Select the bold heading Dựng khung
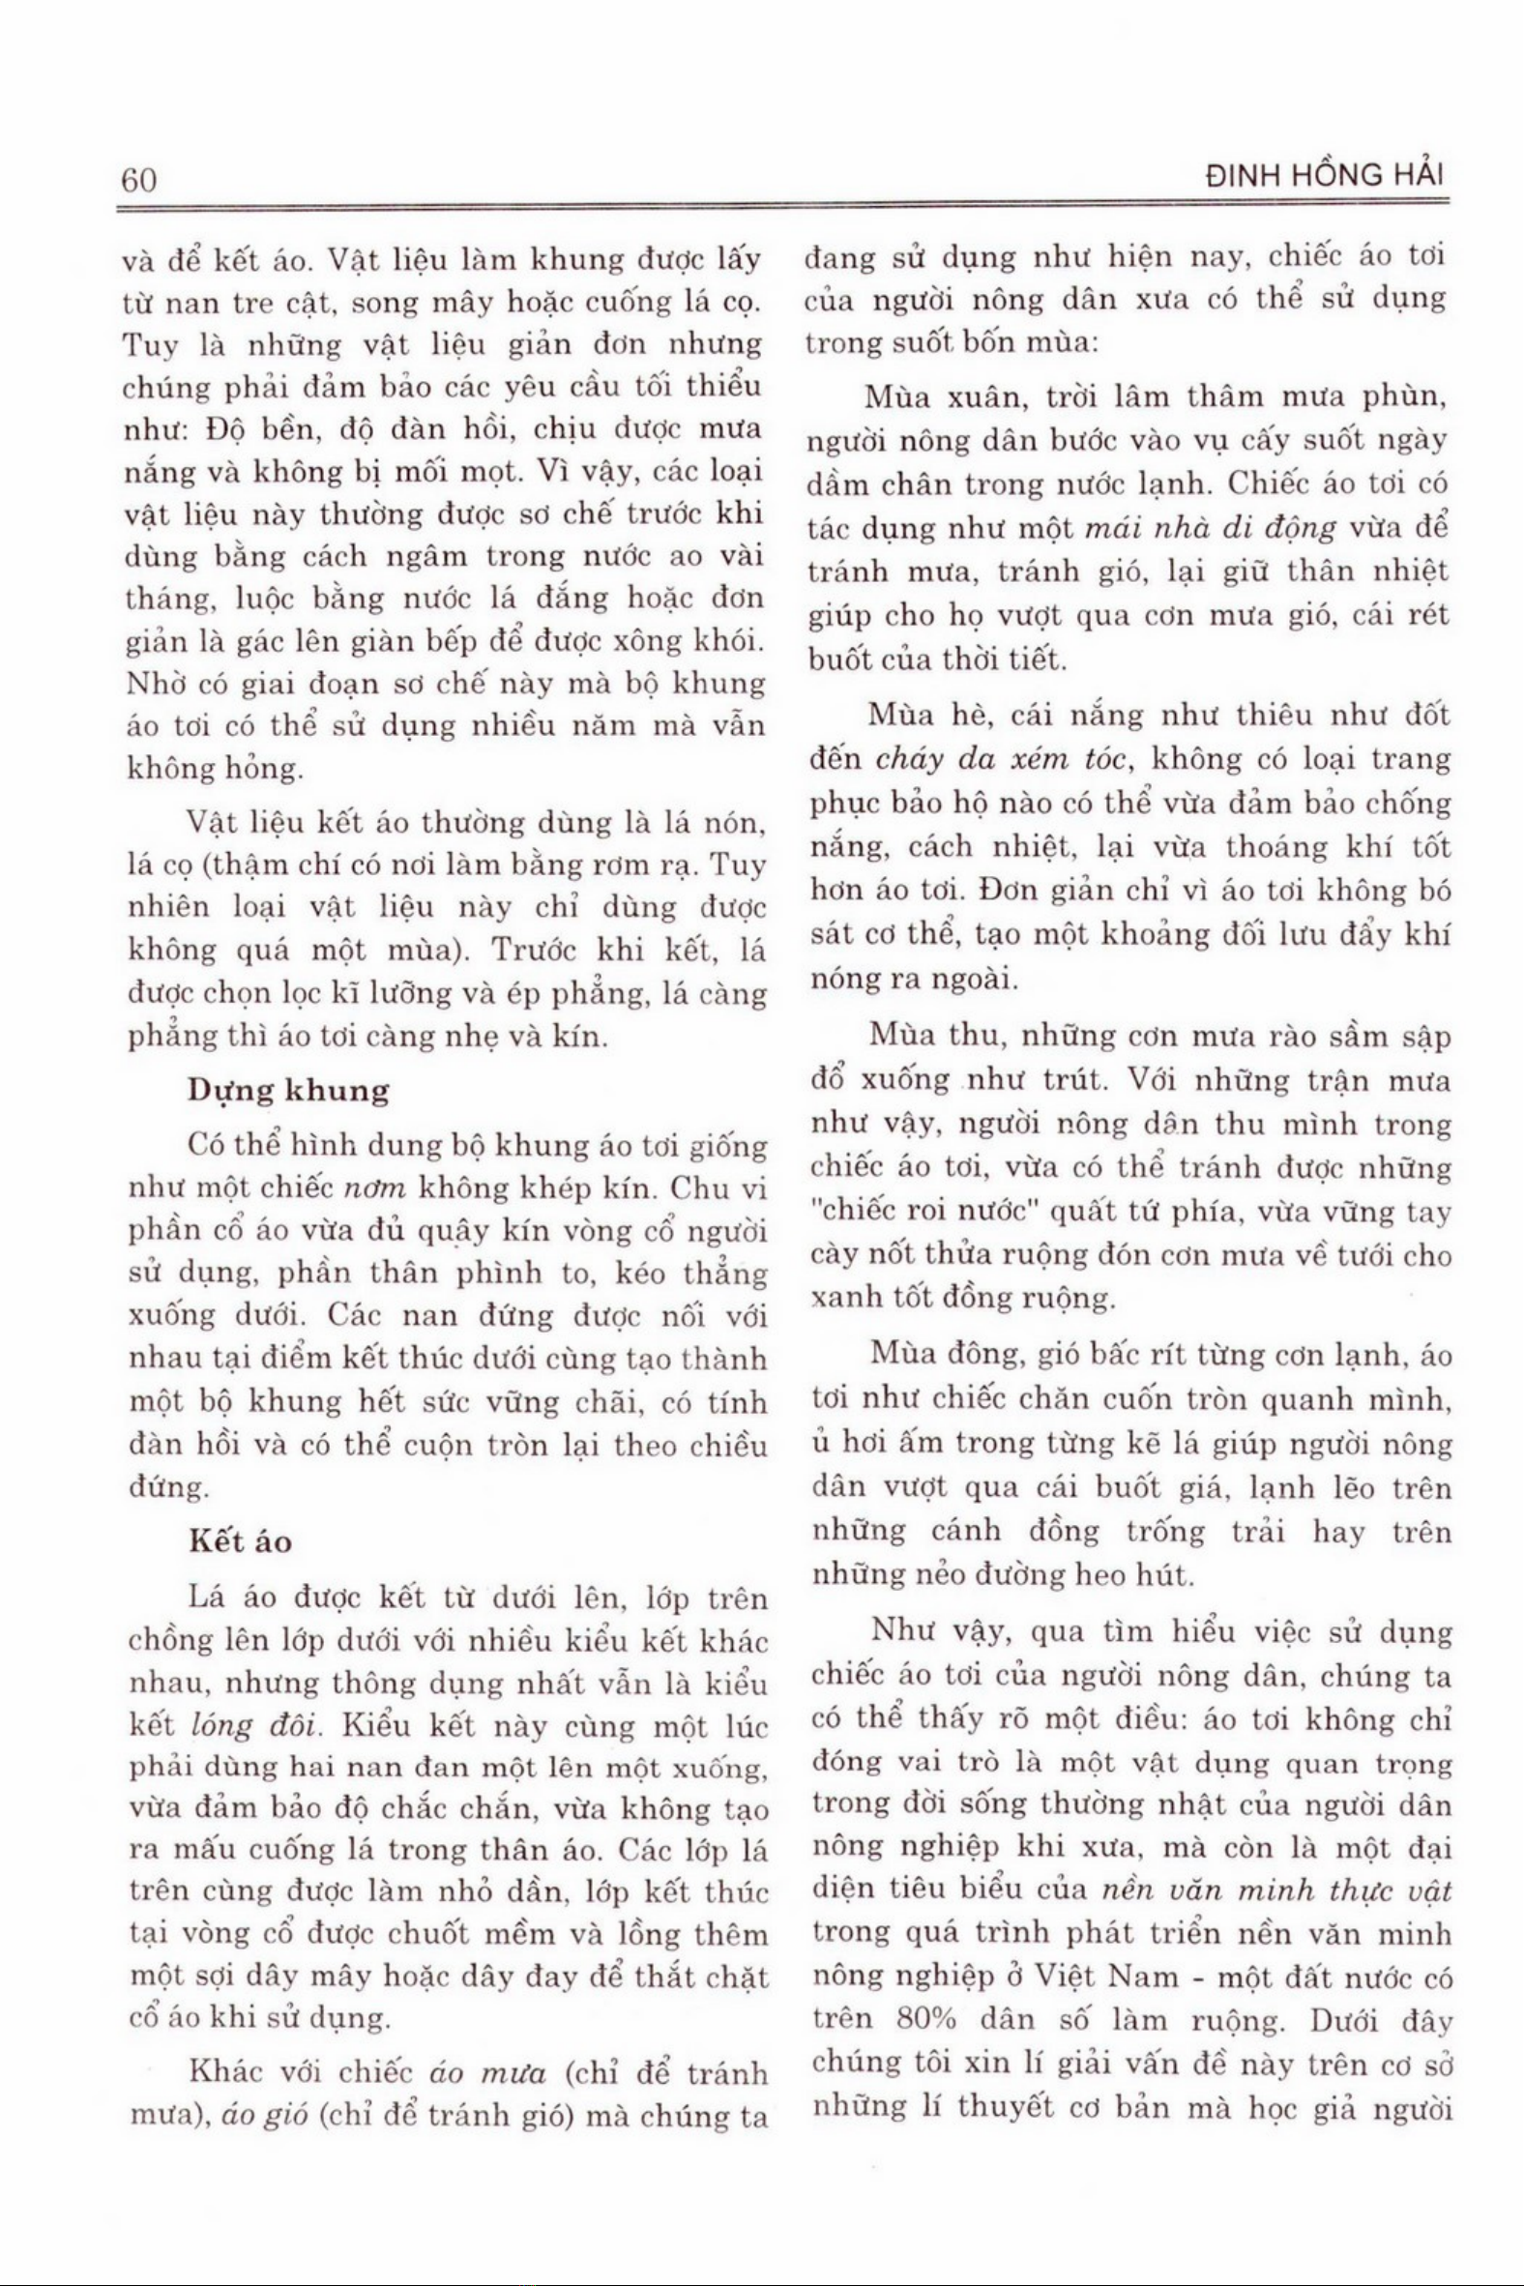coord(288,1091)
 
